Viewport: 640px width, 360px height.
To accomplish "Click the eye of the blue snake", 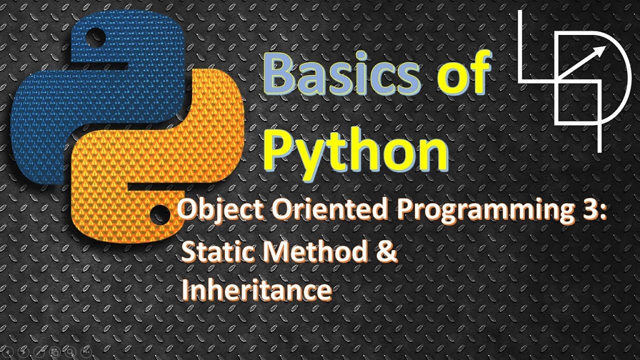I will (96, 36).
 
